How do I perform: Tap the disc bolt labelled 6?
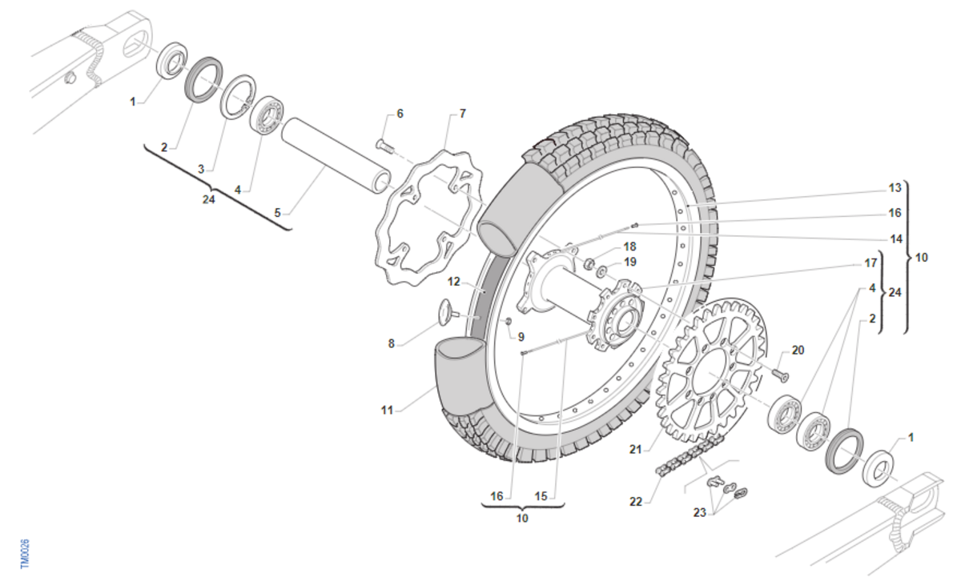[x=385, y=146]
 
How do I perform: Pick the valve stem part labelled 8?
[x=448, y=312]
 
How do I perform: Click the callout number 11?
[x=387, y=411]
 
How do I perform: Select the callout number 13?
[x=895, y=188]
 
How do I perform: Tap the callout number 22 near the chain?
[x=636, y=501]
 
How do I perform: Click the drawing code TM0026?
[x=26, y=554]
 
